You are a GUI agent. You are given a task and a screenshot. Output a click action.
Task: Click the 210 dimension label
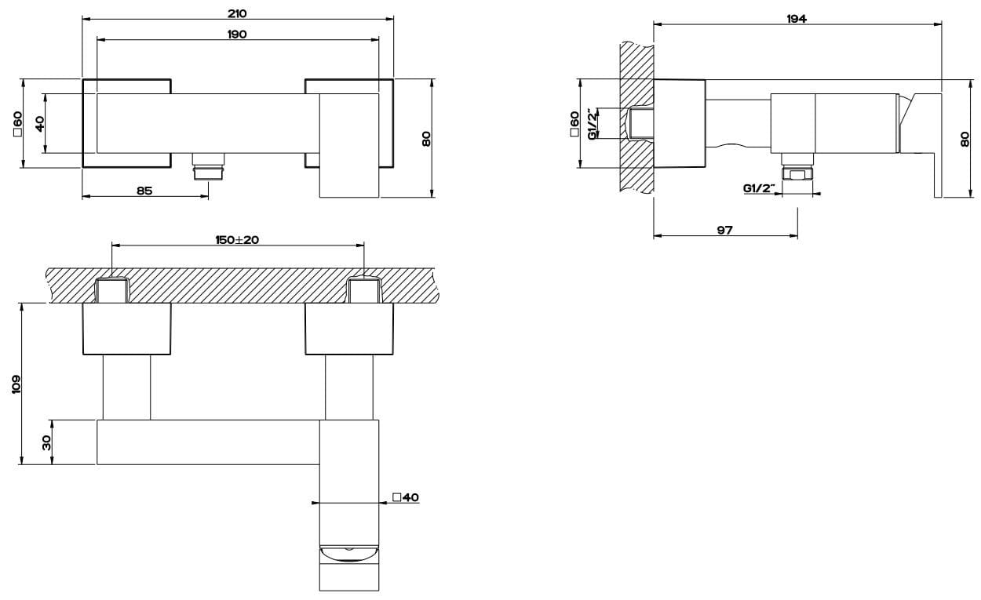[237, 13]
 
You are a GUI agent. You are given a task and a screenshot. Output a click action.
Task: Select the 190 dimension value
[237, 35]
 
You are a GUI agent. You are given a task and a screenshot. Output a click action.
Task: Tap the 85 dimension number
[144, 191]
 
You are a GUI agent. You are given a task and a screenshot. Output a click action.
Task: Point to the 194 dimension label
[797, 19]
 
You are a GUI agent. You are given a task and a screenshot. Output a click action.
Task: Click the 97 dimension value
[725, 230]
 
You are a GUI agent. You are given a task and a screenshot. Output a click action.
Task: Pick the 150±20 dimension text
[237, 240]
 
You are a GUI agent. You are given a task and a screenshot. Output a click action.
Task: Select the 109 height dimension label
[16, 384]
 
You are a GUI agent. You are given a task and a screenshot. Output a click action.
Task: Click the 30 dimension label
[46, 443]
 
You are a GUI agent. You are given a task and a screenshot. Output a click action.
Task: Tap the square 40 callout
[406, 497]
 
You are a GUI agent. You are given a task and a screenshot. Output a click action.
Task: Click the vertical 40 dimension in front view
[40, 123]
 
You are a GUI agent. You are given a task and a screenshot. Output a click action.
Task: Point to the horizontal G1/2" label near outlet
[759, 188]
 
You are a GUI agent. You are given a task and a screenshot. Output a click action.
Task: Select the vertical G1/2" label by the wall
[592, 124]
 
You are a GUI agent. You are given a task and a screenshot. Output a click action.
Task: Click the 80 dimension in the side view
[965, 139]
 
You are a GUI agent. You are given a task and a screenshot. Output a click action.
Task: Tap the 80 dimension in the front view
[426, 139]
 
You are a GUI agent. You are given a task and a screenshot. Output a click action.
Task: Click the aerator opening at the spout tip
[348, 553]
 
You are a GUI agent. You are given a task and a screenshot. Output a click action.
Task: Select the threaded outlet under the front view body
[209, 166]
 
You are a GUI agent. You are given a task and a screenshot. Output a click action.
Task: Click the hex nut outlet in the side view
[797, 174]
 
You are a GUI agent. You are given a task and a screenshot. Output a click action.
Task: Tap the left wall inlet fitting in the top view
[111, 289]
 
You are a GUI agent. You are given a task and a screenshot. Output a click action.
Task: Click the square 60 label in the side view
[574, 124]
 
